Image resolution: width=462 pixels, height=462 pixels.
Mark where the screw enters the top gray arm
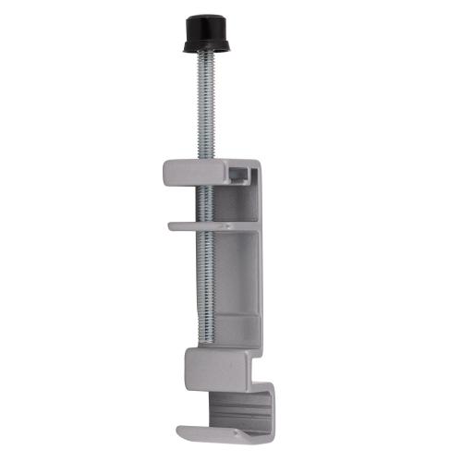click(203, 162)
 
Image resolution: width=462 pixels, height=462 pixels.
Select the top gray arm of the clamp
click(199, 170)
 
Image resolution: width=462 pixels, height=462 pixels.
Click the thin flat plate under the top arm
click(199, 224)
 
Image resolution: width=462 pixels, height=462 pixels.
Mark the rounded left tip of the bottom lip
click(181, 430)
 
